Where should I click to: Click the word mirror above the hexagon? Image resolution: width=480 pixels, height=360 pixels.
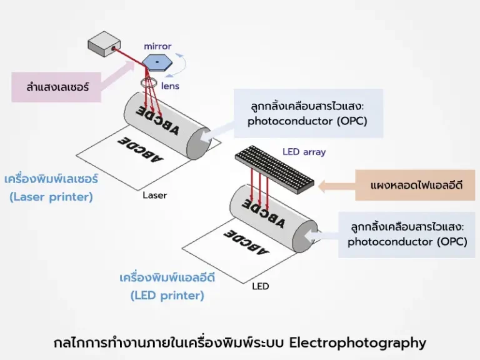(x=157, y=46)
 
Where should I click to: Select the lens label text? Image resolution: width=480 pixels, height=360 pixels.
(x=170, y=86)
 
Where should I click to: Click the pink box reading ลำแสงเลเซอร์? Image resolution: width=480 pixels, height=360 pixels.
(x=57, y=87)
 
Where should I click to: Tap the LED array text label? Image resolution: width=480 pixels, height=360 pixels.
(x=304, y=152)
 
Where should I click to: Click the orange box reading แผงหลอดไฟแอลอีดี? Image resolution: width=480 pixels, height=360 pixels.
(x=416, y=185)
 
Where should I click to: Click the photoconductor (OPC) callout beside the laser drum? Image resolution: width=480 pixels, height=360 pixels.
(x=307, y=113)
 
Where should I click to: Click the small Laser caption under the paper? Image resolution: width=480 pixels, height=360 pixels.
(x=155, y=196)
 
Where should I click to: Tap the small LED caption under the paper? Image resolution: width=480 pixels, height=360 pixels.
(x=260, y=287)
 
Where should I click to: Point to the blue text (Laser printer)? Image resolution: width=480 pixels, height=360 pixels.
(x=51, y=197)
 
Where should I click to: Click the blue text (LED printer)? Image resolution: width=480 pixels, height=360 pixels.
(x=167, y=296)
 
